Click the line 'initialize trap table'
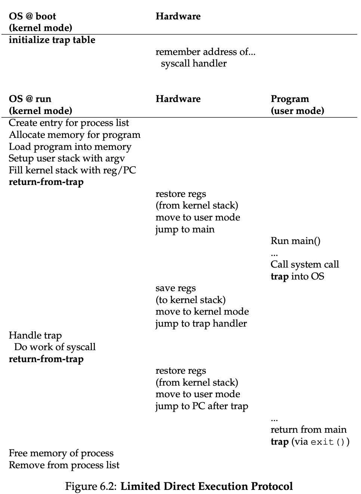[x=52, y=40]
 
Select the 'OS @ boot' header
[x=33, y=16]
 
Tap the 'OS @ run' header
[x=30, y=99]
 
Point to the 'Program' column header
[x=290, y=99]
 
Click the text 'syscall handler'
[x=194, y=64]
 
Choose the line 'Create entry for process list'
[x=69, y=123]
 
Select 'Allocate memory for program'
[x=74, y=135]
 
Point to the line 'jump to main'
[x=185, y=229]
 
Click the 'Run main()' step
[x=295, y=241]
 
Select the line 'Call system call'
[x=305, y=265]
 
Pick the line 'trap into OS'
[x=297, y=277]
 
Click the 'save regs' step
[x=176, y=288]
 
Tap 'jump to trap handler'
[x=201, y=324]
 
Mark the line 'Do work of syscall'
[x=55, y=347]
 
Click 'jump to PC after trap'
[x=202, y=406]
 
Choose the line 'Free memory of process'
[x=61, y=453]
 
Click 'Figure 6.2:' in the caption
[x=91, y=487]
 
